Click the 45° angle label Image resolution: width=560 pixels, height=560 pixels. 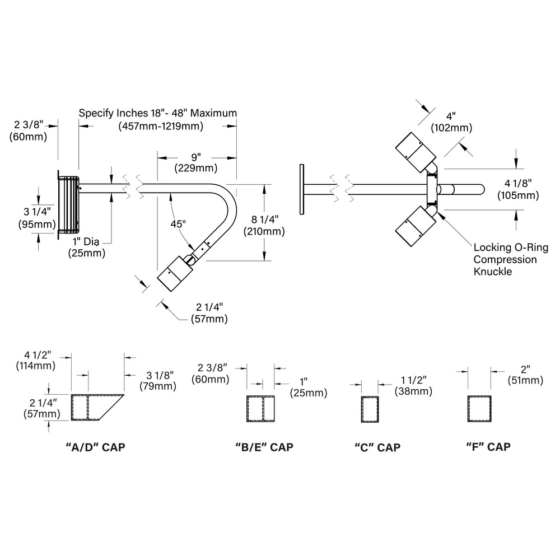178,224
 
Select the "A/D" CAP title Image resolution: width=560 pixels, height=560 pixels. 95,447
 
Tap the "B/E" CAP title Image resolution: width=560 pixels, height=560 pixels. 264,447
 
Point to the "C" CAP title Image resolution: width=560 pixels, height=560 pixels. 377,447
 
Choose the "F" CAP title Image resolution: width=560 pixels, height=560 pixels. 488,447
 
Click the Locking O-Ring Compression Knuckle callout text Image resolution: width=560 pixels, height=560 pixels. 511,259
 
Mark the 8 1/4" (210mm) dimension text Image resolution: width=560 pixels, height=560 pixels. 264,225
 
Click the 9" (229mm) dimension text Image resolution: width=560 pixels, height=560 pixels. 195,162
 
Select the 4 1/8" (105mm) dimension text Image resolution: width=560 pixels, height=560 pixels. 518,189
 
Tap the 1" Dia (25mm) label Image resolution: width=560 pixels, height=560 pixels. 87,247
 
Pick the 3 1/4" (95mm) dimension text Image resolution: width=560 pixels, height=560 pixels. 37,218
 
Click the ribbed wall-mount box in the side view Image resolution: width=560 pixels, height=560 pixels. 68,205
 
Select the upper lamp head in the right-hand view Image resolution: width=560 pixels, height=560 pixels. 416,152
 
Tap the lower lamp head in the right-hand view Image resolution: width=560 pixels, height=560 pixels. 416,226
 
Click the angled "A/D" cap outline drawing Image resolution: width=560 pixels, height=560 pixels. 97,408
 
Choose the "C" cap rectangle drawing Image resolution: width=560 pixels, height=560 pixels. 370,409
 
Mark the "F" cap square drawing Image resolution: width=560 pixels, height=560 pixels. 479,409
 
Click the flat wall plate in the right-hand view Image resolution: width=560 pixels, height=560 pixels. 302,189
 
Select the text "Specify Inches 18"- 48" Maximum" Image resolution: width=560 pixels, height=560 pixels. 157,113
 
